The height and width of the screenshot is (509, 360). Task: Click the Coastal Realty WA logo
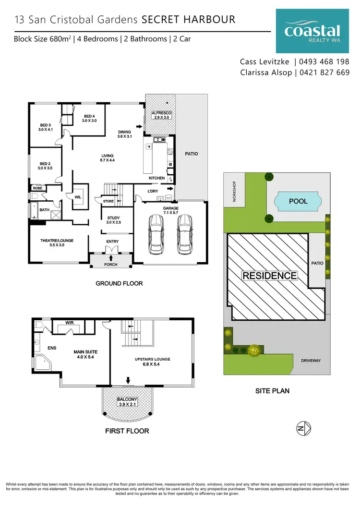point(312,32)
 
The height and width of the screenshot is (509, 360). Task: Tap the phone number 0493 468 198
point(324,62)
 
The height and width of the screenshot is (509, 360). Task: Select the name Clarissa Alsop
point(266,73)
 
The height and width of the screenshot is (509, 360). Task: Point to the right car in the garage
point(185,233)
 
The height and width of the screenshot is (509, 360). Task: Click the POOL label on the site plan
point(298,201)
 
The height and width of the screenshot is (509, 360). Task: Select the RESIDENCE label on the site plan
point(269,276)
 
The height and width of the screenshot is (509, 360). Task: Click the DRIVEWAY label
point(311,361)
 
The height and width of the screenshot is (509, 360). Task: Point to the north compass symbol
point(303,427)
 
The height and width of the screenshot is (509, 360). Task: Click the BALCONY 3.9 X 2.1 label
point(128,402)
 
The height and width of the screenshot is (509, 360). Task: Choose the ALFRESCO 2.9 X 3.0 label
point(161,114)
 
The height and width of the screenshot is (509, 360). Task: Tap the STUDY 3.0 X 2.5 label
point(114,220)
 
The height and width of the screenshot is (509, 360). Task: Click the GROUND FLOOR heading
point(119,283)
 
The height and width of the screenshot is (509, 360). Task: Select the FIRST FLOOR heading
point(127,431)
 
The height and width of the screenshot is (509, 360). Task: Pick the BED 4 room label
point(90,118)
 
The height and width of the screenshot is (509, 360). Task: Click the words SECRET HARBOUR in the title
point(188,20)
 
